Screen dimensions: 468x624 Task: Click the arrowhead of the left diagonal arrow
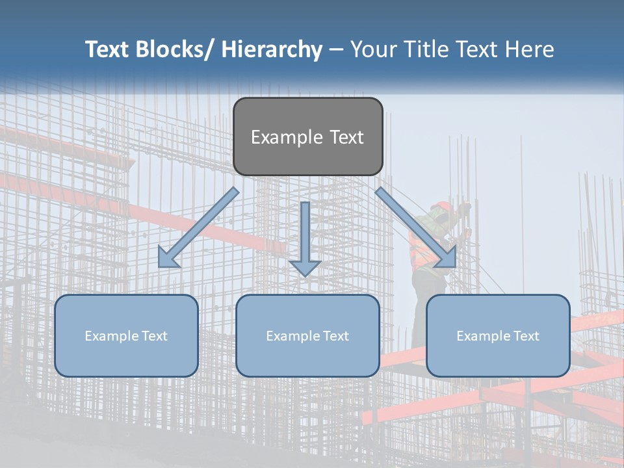pos(167,259)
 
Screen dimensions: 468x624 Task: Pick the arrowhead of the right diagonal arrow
pos(447,259)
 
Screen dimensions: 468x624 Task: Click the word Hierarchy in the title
pos(272,49)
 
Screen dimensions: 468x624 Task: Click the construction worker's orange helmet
pos(442,207)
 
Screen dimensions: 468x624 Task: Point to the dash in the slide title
pos(336,50)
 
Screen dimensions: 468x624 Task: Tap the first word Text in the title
pos(109,49)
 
